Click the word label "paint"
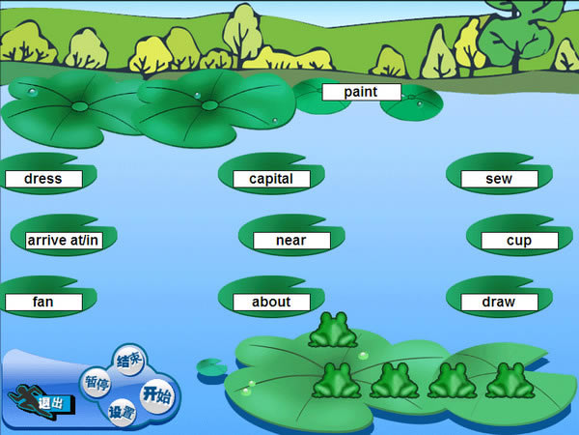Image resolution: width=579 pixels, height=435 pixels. coord(361,92)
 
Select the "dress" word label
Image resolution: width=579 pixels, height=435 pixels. coord(42,179)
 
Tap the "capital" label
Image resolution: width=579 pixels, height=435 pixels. coord(271,179)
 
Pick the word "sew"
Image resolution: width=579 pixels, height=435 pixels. coord(499,179)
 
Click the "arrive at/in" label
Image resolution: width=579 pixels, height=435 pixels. coord(63,240)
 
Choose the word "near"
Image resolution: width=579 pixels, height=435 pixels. coord(291,240)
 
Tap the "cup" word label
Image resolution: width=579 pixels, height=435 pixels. coord(519,240)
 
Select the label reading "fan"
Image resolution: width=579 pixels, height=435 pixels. coord(42,302)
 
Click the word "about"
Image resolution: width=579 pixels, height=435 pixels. coord(271,302)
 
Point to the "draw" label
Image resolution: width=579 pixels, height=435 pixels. coord(499,302)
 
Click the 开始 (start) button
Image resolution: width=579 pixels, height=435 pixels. coord(156,393)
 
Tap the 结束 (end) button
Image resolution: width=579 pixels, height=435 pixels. coord(129,361)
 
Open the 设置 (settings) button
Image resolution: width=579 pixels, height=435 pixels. coord(123,413)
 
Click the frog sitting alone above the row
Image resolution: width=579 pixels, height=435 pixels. coord(333,330)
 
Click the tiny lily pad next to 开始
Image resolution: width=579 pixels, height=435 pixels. coord(209,367)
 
